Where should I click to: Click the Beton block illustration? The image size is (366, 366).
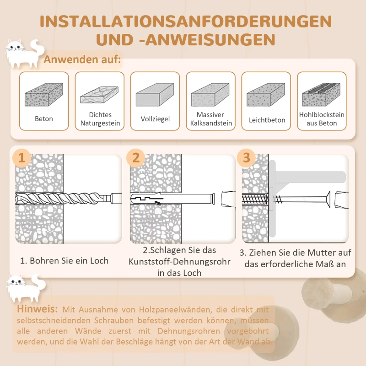point(44,95)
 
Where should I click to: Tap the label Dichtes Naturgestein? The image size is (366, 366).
point(100,119)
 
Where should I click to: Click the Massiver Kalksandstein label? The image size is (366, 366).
point(210,119)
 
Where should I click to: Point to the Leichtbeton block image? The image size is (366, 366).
point(266,95)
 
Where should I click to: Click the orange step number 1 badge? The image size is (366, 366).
point(22,158)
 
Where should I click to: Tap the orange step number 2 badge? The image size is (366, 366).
point(135,158)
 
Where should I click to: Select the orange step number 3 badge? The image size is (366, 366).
point(247,158)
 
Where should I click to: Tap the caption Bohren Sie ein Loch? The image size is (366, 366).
point(65,261)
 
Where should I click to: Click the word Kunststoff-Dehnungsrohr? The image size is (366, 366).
point(179,262)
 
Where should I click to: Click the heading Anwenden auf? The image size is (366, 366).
point(82,60)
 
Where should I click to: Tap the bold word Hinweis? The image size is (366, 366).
point(38,309)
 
